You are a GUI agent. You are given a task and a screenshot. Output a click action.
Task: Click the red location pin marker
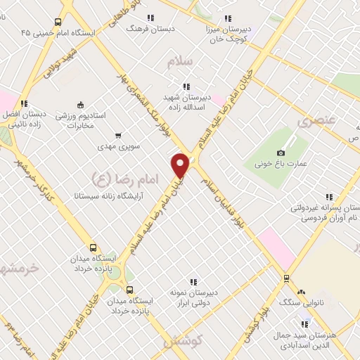[180, 165]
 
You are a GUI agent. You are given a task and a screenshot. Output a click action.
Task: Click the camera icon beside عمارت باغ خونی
[281, 153]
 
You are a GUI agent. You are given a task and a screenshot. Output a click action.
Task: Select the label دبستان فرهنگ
[148, 29]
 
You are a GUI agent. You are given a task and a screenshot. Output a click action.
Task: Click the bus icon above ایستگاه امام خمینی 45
[58, 21]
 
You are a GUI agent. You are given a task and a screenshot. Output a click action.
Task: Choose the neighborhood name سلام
[179, 62]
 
